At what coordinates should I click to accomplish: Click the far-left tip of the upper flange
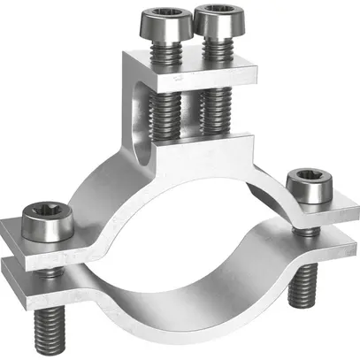[8, 232]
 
